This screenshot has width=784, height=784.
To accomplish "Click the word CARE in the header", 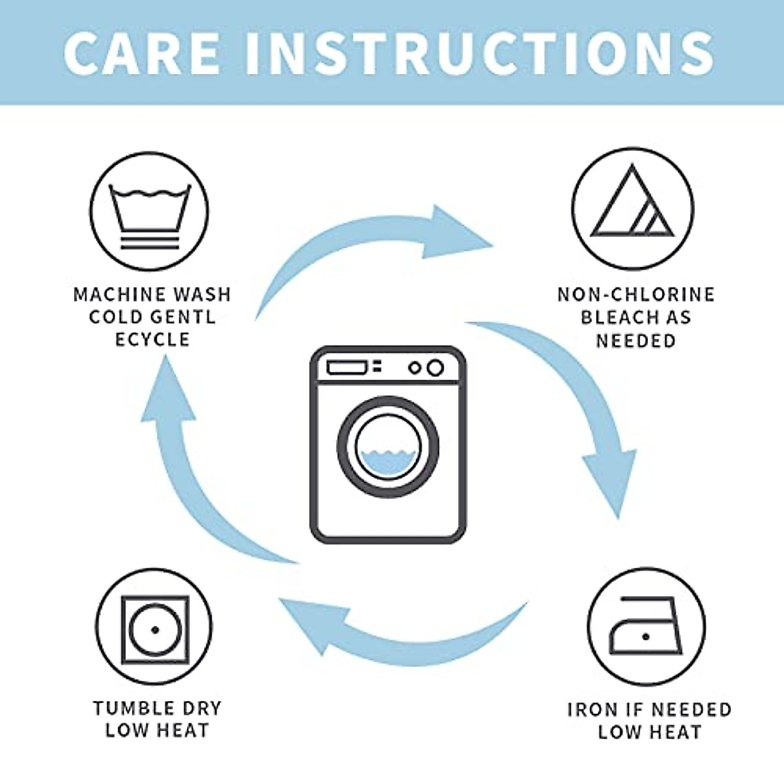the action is tap(142, 52).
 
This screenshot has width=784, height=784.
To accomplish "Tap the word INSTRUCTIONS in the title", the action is tap(480, 52).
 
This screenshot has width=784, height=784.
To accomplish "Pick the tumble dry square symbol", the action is tap(155, 629).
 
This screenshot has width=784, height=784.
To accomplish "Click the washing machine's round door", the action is tap(388, 447).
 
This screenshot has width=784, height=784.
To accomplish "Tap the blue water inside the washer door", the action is tap(388, 461).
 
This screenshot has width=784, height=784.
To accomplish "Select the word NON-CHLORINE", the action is tap(636, 295).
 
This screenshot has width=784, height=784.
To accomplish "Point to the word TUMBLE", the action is tap(125, 708).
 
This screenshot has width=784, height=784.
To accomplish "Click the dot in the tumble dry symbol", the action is tap(155, 630).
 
